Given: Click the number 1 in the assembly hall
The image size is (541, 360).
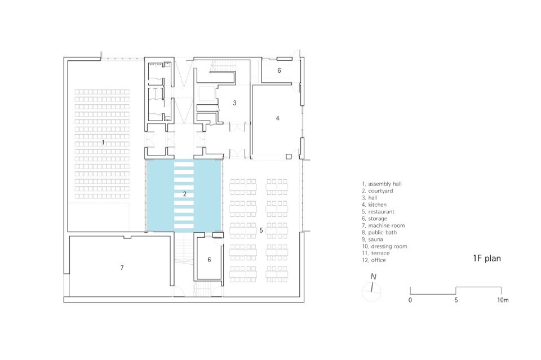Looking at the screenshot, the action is pyautogui.click(x=103, y=143).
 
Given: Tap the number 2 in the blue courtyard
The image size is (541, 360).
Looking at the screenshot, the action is pyautogui.click(x=185, y=194).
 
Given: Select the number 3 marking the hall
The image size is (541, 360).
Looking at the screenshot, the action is pyautogui.click(x=234, y=103).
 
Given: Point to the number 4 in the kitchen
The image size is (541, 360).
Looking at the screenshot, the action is pyautogui.click(x=277, y=118).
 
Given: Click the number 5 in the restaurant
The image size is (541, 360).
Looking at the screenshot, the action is pyautogui.click(x=261, y=230).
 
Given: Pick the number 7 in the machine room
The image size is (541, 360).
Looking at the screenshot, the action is pyautogui.click(x=122, y=267).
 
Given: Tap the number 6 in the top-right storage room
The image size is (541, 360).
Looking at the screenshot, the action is pyautogui.click(x=279, y=70).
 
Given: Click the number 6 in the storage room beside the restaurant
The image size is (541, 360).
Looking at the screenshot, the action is pyautogui.click(x=209, y=260).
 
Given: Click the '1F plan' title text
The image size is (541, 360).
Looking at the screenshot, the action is pyautogui.click(x=487, y=259).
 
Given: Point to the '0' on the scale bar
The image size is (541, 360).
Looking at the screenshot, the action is pyautogui.click(x=410, y=300).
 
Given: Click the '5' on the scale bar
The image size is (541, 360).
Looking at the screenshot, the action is pyautogui.click(x=456, y=300).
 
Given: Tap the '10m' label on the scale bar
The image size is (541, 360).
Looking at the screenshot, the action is pyautogui.click(x=503, y=300).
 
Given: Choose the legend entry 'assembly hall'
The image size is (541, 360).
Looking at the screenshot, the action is pyautogui.click(x=385, y=184).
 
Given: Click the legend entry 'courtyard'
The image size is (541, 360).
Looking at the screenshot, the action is pyautogui.click(x=380, y=191).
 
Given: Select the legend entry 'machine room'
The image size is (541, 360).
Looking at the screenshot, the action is pyautogui.click(x=387, y=225).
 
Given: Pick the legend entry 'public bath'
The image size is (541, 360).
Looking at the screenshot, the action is pyautogui.click(x=382, y=233).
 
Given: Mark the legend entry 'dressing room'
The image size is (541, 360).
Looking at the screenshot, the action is pyautogui.click(x=389, y=246).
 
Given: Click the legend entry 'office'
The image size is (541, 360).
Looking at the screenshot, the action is pyautogui.click(x=378, y=260).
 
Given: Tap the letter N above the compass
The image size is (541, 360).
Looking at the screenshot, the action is pyautogui.click(x=373, y=277).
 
